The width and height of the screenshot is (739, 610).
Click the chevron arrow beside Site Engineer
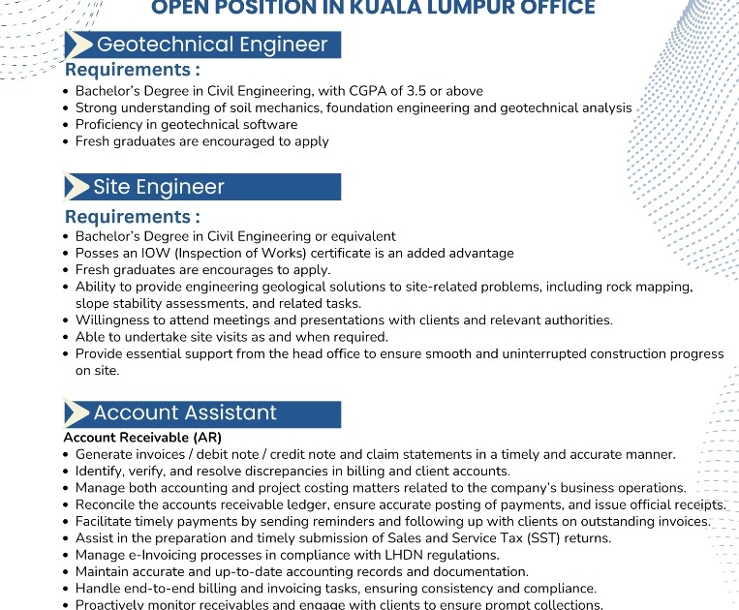point(77,187)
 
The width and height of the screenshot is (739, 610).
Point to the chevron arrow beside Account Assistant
point(77,413)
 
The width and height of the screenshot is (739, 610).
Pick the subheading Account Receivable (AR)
point(142,438)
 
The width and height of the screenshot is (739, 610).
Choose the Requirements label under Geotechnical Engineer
point(133,70)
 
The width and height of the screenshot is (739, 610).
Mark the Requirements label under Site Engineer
point(133,217)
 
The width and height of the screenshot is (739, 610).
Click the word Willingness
point(114,320)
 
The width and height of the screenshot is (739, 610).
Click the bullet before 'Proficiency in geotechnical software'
point(66,125)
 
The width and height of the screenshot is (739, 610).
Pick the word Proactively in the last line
point(113,604)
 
